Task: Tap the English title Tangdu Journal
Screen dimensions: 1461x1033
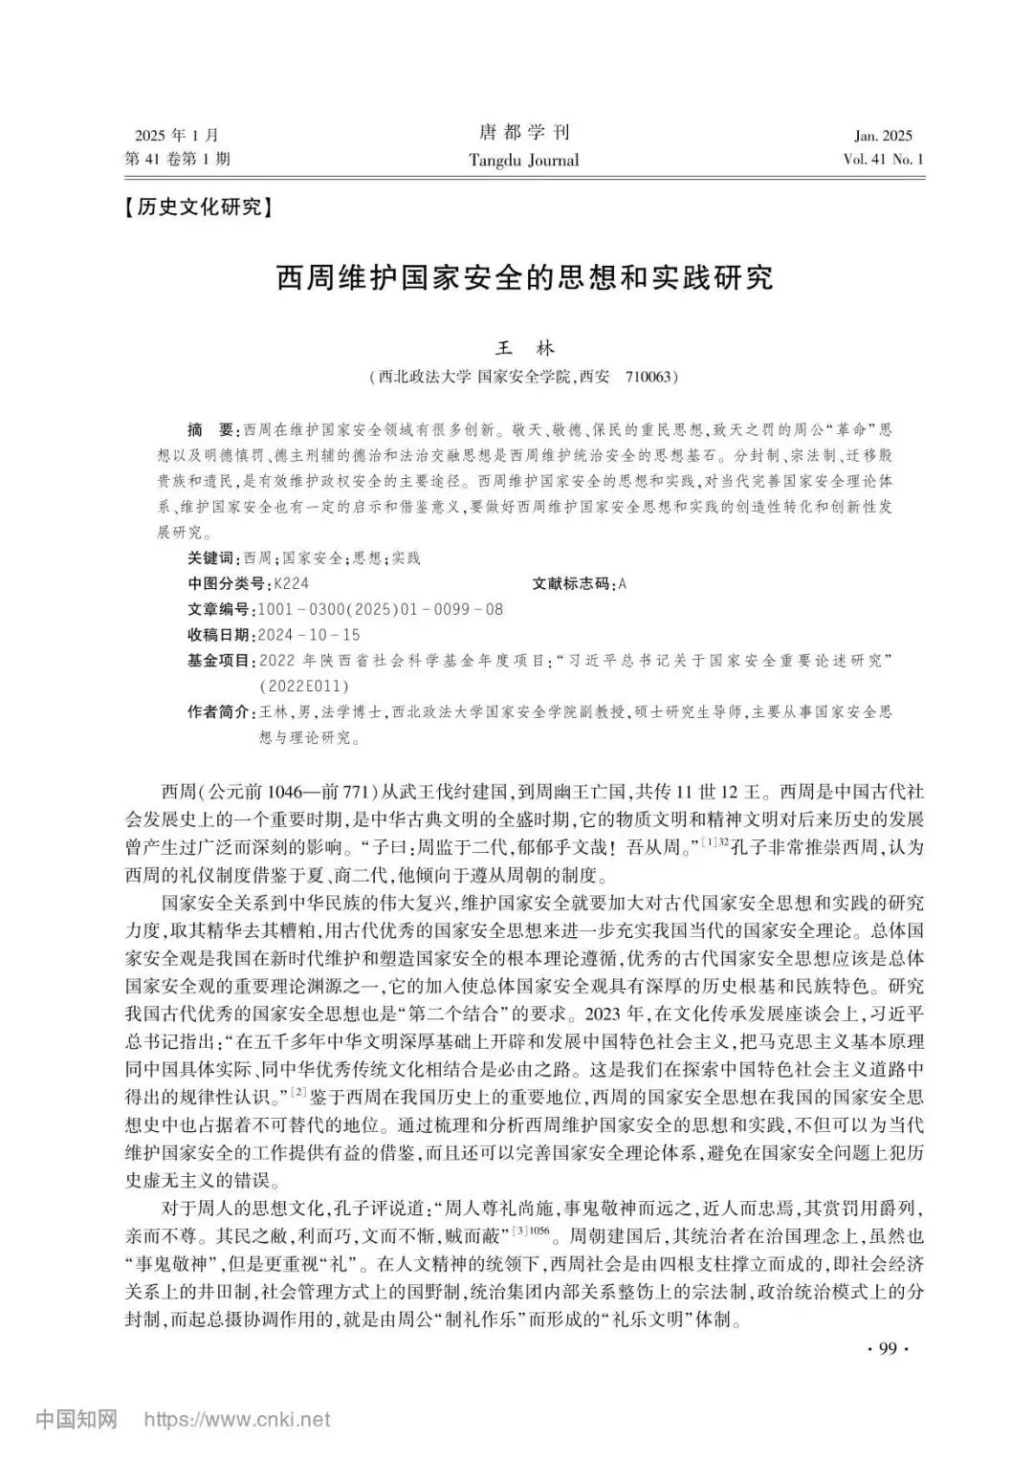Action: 523,160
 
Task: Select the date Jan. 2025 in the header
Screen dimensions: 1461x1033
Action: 884,136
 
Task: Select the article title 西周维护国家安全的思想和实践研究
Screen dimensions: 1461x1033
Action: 524,279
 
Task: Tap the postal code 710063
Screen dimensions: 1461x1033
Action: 650,377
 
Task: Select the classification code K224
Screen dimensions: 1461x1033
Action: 291,583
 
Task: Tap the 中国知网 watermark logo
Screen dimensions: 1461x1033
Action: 76,1419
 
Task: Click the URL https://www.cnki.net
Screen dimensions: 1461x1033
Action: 236,1420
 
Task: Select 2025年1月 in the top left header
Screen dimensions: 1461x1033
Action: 177,136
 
